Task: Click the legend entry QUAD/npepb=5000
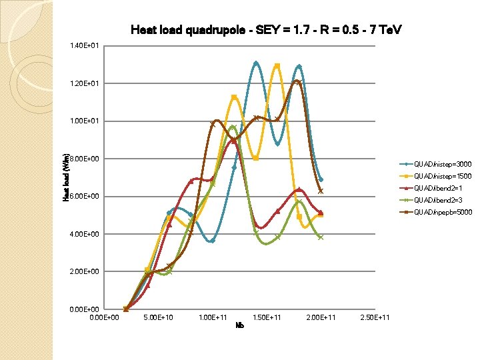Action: coord(443,213)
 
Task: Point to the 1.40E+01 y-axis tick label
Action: coord(84,46)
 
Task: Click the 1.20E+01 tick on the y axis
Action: coord(84,84)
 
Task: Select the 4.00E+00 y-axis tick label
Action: coord(84,234)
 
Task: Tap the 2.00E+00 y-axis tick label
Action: coord(84,271)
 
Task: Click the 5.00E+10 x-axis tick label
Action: coord(158,317)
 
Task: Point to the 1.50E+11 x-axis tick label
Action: coord(267,317)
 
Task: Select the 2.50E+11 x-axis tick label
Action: coord(375,317)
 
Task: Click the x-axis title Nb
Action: coord(240,325)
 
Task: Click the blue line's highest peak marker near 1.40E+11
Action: coord(256,63)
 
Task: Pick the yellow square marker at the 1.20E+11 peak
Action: coord(234,97)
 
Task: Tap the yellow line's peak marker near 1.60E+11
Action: coord(277,65)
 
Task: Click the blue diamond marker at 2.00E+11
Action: coord(321,179)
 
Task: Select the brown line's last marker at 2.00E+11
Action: coord(321,191)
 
